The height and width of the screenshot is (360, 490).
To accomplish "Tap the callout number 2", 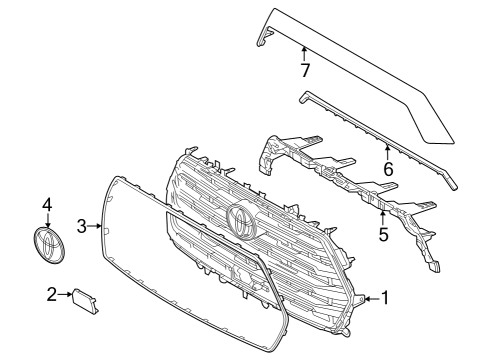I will [x=51, y=294].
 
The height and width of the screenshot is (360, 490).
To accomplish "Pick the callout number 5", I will [x=383, y=236].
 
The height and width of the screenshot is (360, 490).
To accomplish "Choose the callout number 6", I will [x=388, y=169].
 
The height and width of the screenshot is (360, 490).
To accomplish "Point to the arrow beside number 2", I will [x=65, y=294].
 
